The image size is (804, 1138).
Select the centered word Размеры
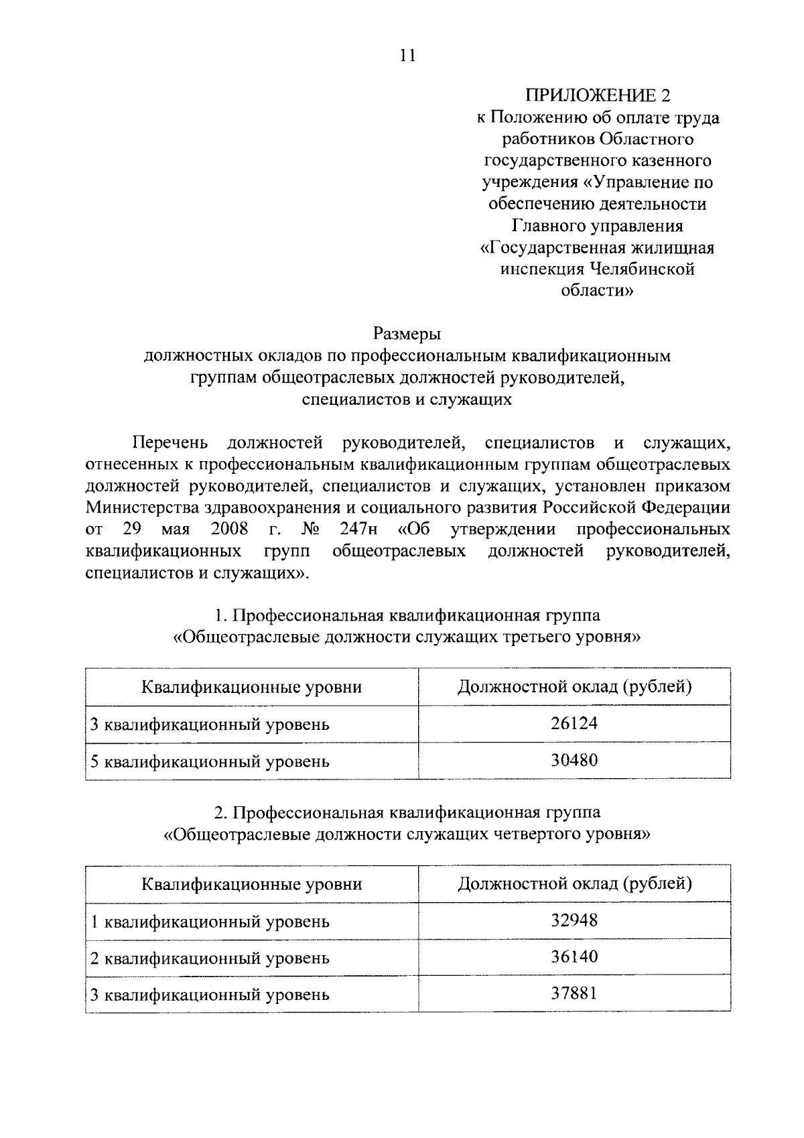coord(407,333)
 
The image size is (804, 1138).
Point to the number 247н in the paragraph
coord(358,529)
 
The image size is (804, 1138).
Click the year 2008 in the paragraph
coord(229,529)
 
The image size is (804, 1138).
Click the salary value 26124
coord(574,724)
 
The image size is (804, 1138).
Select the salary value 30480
coord(574,760)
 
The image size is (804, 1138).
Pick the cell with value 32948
coord(574,920)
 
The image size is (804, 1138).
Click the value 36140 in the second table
coord(574,957)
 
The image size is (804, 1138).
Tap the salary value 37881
coord(574,993)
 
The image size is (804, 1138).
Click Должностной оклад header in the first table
coord(574,687)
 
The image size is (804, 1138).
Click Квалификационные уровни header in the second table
coord(251,884)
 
